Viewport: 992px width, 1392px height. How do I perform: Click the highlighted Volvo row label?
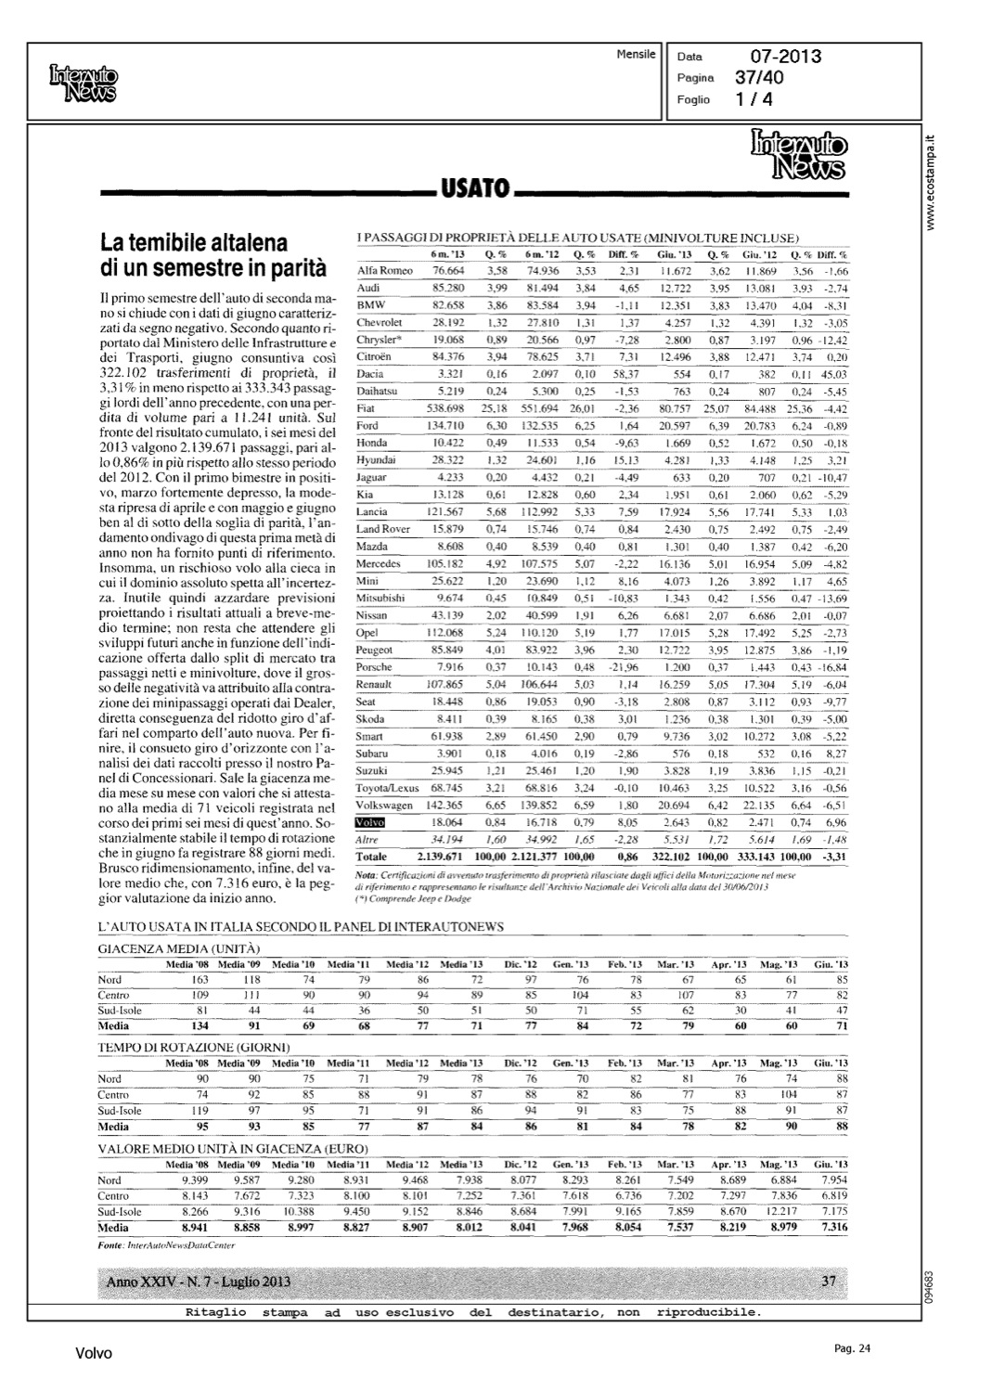(370, 822)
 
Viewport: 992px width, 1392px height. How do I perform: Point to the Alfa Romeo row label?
(384, 270)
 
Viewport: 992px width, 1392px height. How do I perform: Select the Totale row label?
(372, 857)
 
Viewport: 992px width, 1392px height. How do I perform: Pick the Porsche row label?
(374, 667)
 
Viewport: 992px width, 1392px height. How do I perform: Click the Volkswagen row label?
(383, 806)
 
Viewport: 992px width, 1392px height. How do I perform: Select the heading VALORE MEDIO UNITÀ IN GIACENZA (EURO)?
(229, 1148)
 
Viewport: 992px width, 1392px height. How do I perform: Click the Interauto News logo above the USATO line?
(797, 154)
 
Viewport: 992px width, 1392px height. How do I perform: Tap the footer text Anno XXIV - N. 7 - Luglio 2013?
(199, 1282)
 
